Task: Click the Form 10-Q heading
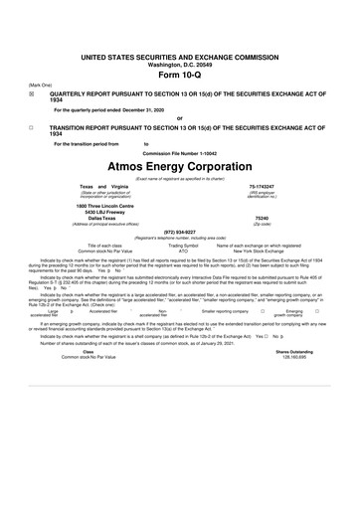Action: (180, 49)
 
